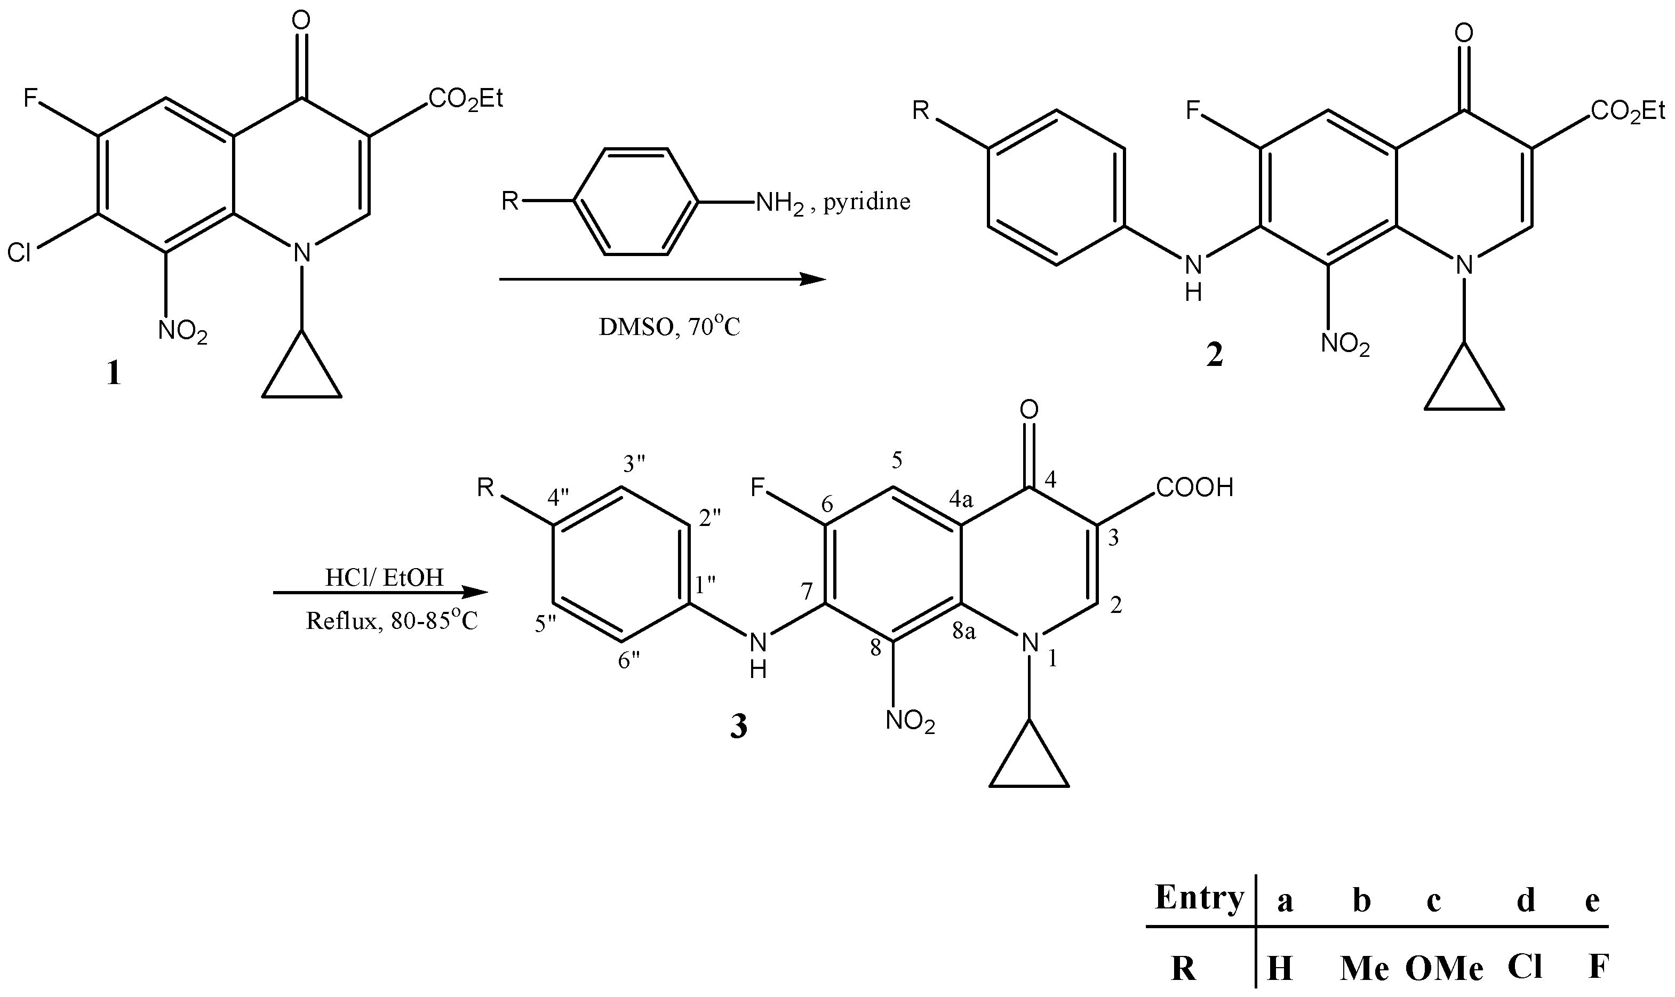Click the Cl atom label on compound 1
pyautogui.click(x=20, y=253)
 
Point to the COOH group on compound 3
pyautogui.click(x=1195, y=488)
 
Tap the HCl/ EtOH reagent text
pyautogui.click(x=384, y=577)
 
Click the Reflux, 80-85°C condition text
pyautogui.click(x=392, y=619)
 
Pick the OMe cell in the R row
pyautogui.click(x=1444, y=969)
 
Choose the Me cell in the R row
pyautogui.click(x=1364, y=969)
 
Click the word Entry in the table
pyautogui.click(x=1199, y=898)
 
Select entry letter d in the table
pyautogui.click(x=1526, y=899)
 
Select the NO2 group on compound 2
pyautogui.click(x=1345, y=345)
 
